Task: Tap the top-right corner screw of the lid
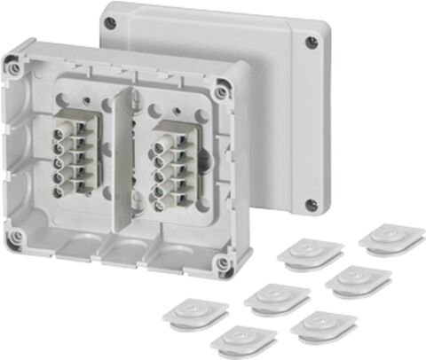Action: coord(311,41)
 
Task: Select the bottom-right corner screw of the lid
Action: coord(311,206)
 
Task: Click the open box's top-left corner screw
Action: coord(14,65)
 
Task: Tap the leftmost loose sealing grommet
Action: coord(196,311)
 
